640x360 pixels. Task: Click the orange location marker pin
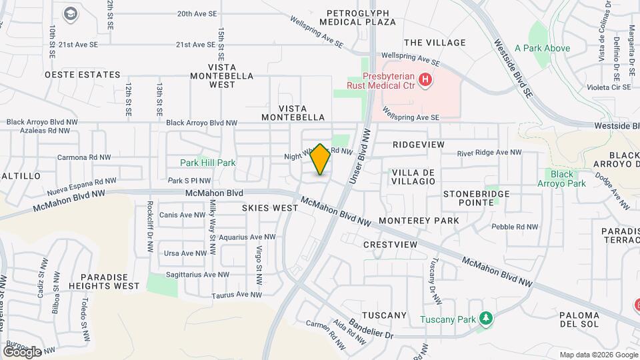321,159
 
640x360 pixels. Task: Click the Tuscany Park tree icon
487,319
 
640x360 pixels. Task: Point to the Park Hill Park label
207,163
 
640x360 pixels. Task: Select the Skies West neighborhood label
269,208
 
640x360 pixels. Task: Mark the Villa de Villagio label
413,176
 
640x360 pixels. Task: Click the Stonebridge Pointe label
476,198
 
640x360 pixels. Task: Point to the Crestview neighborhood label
390,245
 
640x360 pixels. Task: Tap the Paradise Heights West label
109,281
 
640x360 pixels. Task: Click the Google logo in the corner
22,351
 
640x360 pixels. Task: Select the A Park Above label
543,48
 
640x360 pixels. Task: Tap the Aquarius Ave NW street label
247,237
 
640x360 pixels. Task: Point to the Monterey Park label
418,221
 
